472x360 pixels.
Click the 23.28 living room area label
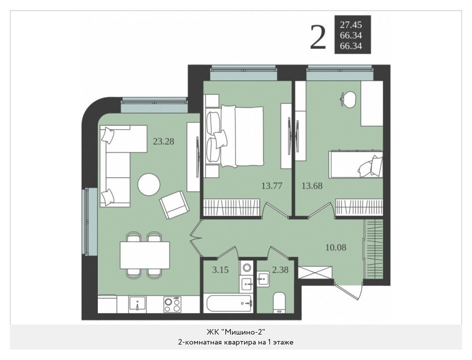164,141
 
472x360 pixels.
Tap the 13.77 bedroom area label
272,186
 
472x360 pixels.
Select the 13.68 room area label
312,186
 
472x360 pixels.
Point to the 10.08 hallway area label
336,247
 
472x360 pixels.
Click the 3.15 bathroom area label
221,270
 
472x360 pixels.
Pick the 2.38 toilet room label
280,270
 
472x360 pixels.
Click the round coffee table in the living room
149,184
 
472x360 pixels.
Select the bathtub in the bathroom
228,304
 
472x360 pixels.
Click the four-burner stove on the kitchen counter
173,305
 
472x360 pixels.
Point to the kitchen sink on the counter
137,304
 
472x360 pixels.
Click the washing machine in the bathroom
247,268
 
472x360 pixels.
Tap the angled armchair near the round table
175,205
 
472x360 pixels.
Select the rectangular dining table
145,255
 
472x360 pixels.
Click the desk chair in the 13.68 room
349,99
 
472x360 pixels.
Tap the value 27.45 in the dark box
351,24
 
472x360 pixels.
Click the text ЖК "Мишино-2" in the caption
236,332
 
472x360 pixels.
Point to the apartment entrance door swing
348,292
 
